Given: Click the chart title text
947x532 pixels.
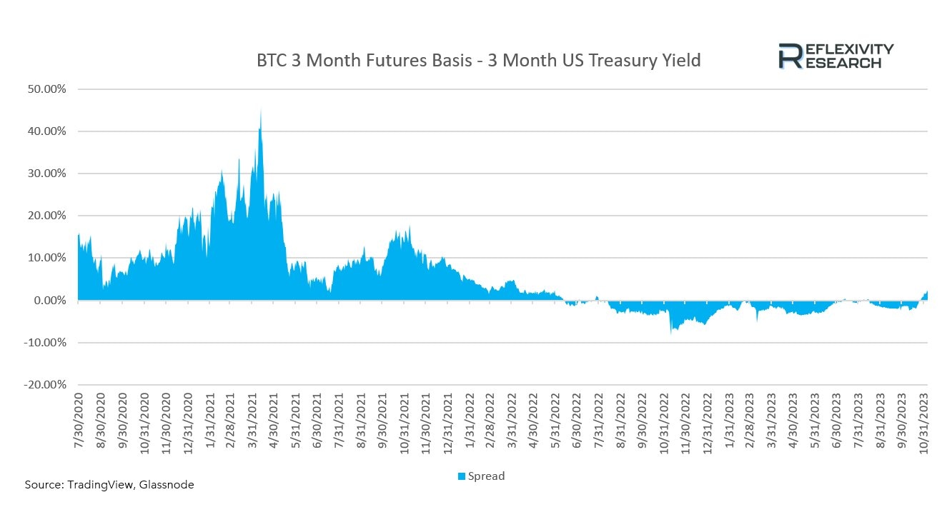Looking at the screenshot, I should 478,61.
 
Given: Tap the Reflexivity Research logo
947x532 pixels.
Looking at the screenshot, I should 836,56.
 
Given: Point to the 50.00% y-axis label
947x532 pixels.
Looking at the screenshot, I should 46,89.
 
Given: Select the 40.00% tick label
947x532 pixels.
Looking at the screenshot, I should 46,131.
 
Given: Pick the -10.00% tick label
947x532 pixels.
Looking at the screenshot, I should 46,343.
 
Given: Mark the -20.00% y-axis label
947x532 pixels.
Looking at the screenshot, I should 46,385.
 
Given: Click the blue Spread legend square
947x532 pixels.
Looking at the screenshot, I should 462,476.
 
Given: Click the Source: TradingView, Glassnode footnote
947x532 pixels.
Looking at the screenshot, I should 109,485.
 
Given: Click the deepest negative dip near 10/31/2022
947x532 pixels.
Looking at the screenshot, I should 671,332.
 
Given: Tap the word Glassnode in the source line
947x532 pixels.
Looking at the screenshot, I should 167,485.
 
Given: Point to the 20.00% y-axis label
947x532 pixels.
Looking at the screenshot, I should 46,216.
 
